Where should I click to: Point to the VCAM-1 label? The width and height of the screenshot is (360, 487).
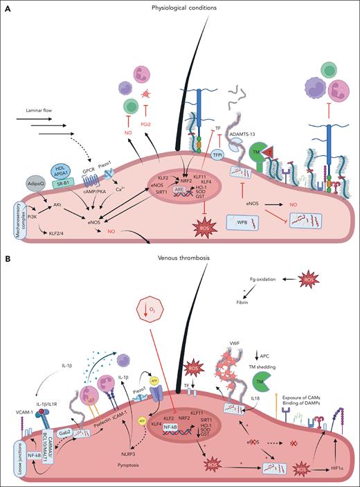pyautogui.click(x=25, y=392)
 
